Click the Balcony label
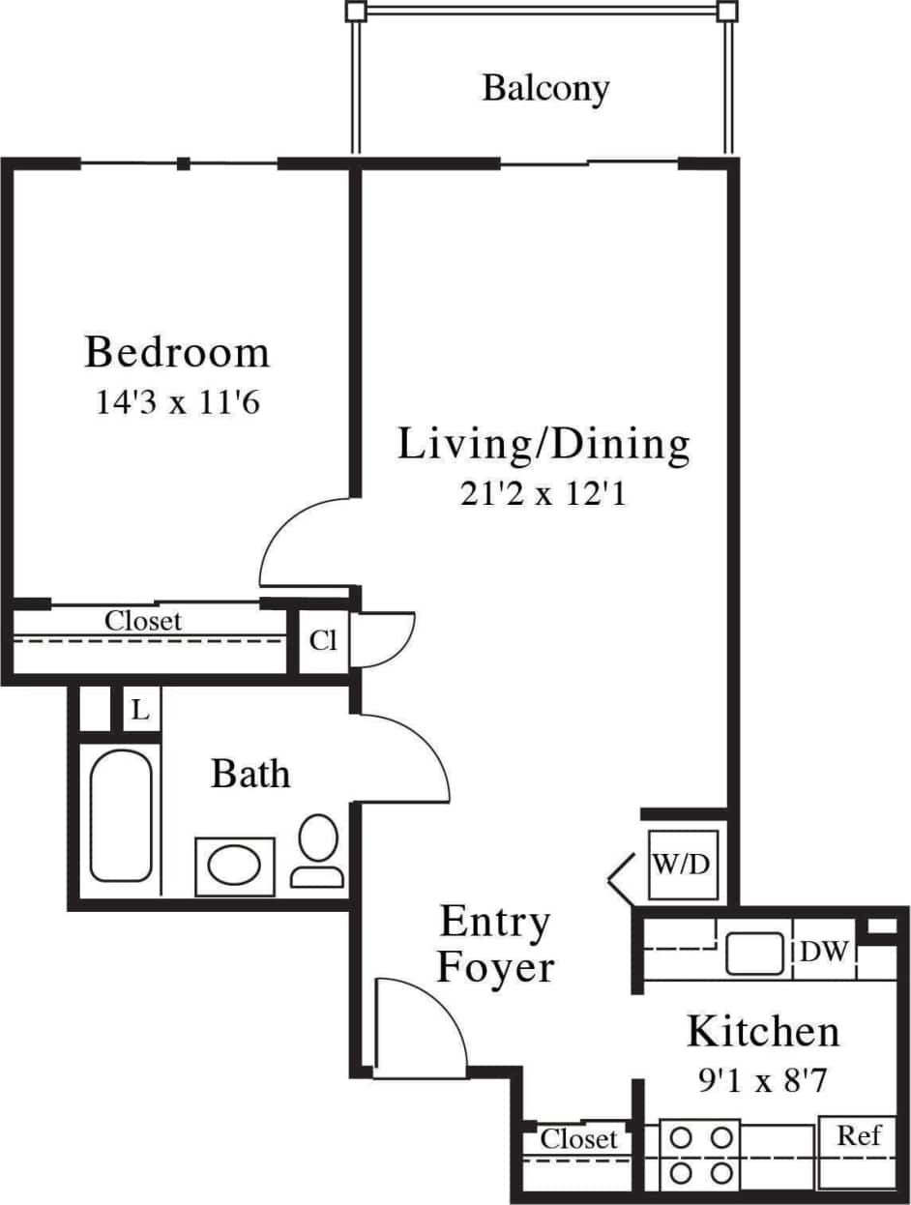click(546, 88)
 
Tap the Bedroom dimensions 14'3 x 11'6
click(177, 402)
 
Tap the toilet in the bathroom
click(317, 851)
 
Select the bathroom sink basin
click(235, 865)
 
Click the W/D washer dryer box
click(683, 864)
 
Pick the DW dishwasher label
click(824, 953)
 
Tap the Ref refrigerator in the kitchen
click(859, 1135)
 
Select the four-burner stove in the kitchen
click(699, 1155)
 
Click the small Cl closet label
click(323, 641)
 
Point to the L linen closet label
click(140, 711)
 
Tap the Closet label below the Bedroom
click(143, 620)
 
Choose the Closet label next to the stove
click(578, 1138)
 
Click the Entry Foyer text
click(495, 944)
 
